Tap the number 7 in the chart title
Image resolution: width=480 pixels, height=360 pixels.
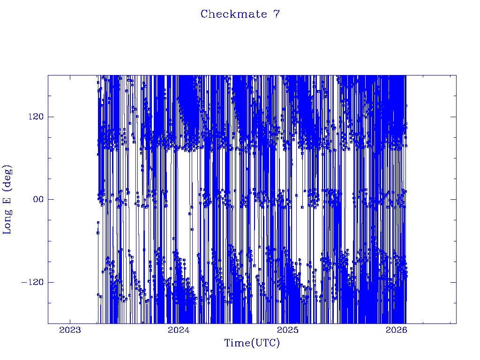(x=277, y=14)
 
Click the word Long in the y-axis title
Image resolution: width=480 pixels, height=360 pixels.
(x=7, y=220)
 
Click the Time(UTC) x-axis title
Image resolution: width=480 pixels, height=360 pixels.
(x=252, y=343)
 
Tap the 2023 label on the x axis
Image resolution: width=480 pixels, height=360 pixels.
(x=70, y=330)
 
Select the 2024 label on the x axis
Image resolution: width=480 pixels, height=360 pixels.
(x=179, y=330)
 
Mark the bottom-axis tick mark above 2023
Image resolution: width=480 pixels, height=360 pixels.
(x=70, y=321)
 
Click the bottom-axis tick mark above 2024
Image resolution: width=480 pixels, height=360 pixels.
(x=179, y=321)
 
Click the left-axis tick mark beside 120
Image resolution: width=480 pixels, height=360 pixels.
(x=50, y=117)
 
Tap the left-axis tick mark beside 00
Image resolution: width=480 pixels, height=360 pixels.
(x=50, y=199)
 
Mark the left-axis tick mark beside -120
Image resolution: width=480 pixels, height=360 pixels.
(x=50, y=282)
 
